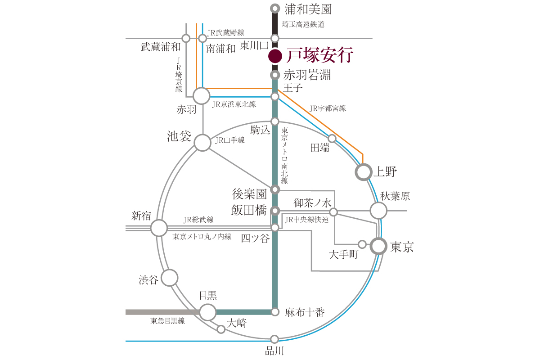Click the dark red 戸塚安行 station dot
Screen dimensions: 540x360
275,56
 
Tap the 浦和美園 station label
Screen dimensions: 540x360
308,9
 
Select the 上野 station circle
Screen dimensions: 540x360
364,172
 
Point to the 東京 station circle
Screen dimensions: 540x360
378,246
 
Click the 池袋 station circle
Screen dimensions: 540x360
202,143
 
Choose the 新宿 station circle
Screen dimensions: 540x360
159,228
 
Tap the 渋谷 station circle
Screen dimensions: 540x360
170,278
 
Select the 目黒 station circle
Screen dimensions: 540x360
208,312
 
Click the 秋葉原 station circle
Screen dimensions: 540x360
378,211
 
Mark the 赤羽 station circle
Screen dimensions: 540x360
201,96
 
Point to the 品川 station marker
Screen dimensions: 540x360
274,339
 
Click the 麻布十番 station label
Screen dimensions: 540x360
305,312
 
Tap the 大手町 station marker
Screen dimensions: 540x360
362,244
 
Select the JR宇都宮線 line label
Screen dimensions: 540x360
328,108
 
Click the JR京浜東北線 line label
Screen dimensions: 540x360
234,104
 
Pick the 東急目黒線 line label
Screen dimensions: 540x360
167,321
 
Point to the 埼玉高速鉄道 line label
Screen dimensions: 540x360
303,24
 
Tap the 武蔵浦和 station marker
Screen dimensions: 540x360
186,38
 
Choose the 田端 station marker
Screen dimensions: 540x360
332,139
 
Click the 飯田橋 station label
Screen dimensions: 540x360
249,210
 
